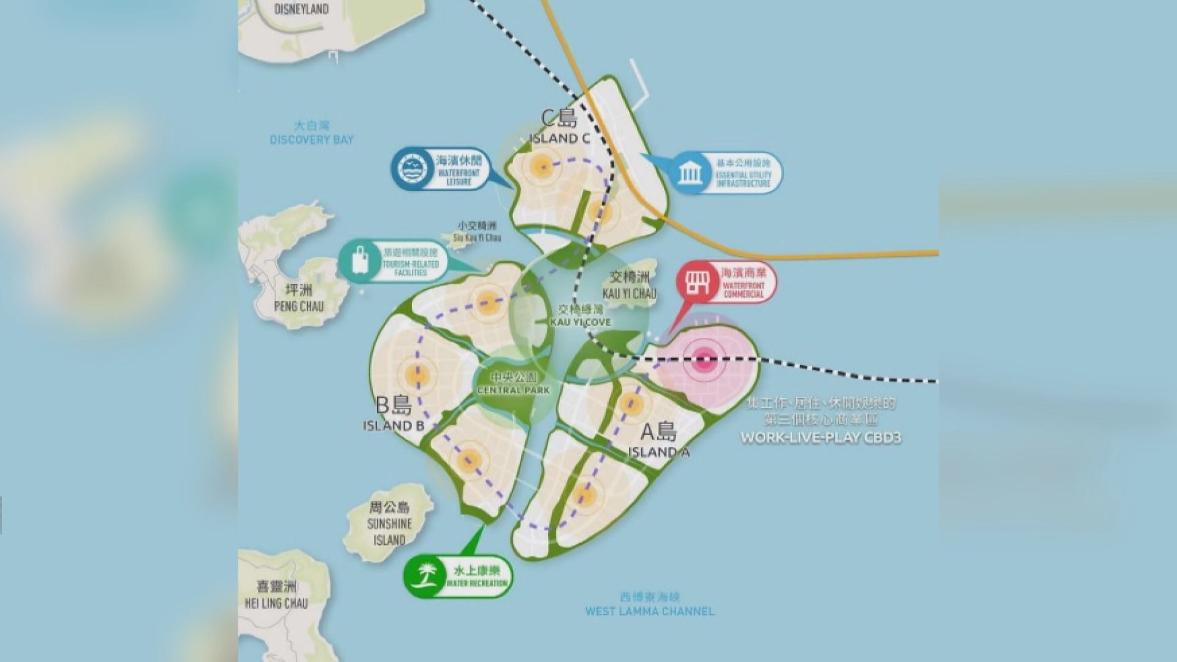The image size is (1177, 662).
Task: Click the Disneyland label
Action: tap(302, 9)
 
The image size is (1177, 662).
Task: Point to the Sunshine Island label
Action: tap(390, 523)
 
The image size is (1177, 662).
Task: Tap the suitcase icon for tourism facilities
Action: tap(360, 261)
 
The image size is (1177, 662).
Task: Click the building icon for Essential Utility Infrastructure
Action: tap(690, 173)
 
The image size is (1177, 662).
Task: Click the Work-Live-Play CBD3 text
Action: tap(821, 438)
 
